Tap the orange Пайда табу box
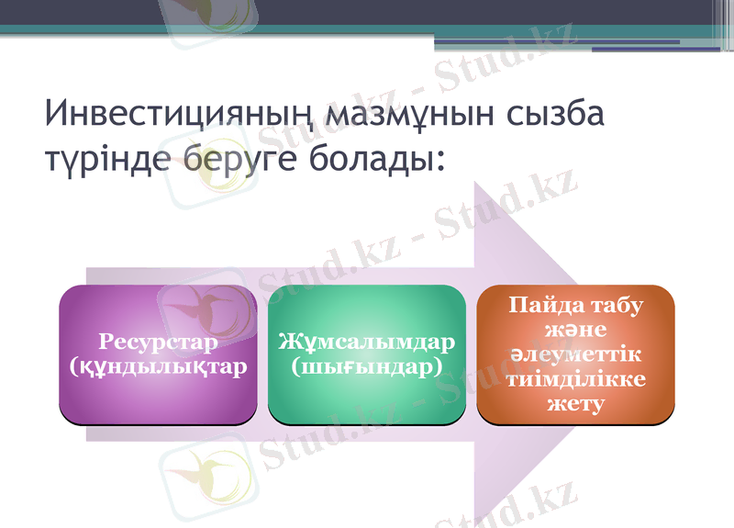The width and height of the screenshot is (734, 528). click(x=575, y=354)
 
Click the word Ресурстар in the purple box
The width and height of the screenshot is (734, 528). click(x=158, y=343)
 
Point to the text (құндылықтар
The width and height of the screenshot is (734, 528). click(x=158, y=366)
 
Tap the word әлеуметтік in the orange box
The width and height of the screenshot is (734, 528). click(x=575, y=354)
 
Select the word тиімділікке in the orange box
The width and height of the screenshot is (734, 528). click(x=575, y=378)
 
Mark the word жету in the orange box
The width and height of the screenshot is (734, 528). click(x=575, y=402)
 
